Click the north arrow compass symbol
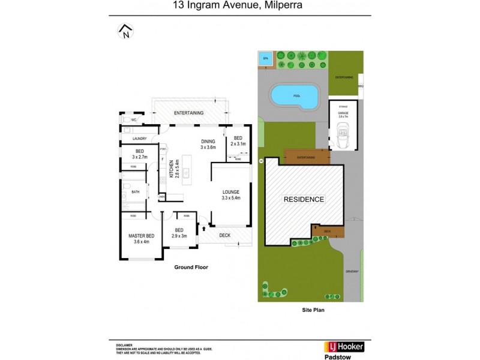(x=125, y=31)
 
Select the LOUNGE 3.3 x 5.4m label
(x=230, y=194)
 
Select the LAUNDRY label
(x=140, y=139)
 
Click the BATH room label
(x=136, y=192)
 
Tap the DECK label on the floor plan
(x=224, y=235)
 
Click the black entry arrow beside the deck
(x=206, y=228)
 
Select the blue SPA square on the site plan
(x=265, y=59)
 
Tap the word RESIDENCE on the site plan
(x=304, y=199)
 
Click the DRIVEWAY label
(x=352, y=272)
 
